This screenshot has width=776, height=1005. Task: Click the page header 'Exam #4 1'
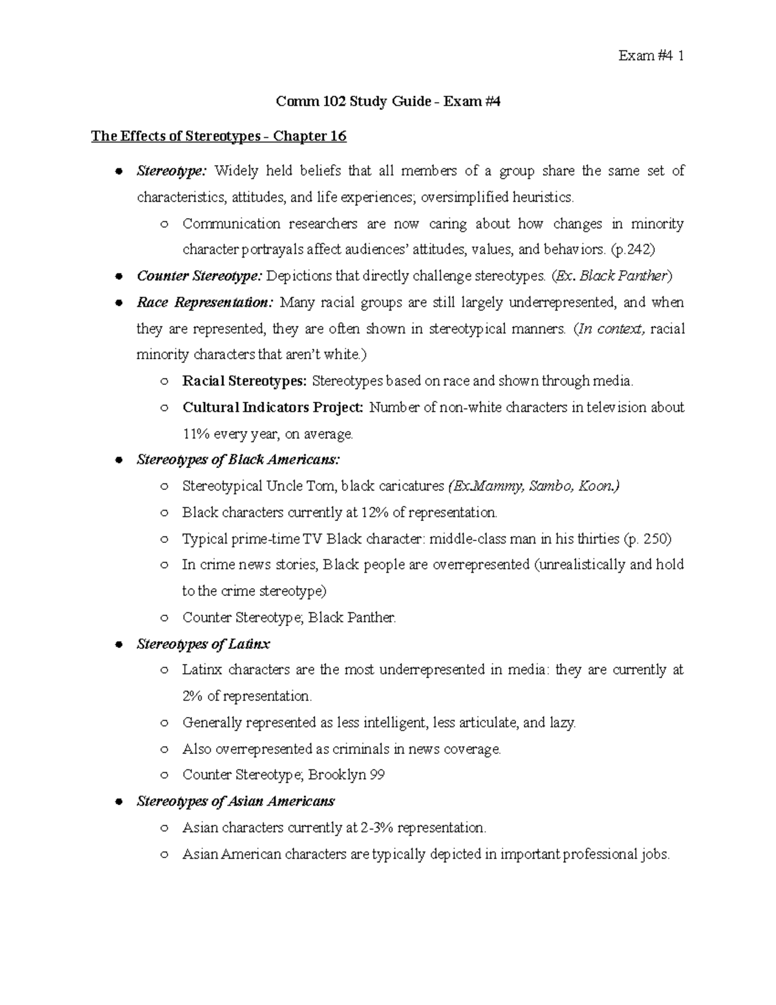[651, 56]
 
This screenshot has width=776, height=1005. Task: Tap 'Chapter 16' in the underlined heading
[310, 137]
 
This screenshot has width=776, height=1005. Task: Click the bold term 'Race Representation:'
[206, 303]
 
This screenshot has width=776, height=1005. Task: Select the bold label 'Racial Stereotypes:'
[244, 381]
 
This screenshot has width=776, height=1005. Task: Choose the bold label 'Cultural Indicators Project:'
[273, 408]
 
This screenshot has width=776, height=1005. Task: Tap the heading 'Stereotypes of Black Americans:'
[237, 460]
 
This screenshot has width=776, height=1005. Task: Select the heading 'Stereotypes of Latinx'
[203, 645]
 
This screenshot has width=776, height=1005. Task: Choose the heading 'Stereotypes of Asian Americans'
[235, 802]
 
